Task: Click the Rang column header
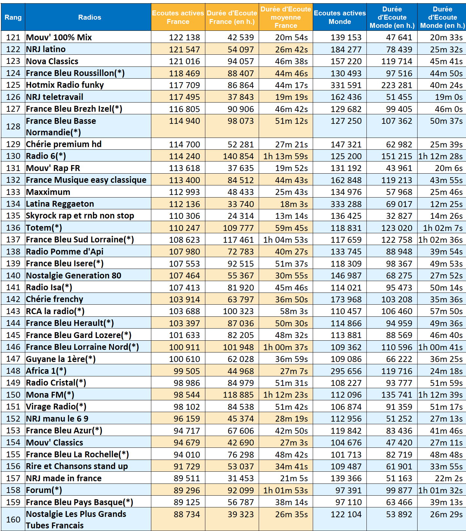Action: (13, 17)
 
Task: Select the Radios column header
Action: (89, 17)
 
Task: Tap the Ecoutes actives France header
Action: (178, 17)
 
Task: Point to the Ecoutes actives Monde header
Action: (340, 17)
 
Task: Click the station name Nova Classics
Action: (52, 61)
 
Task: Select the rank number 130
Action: (13, 156)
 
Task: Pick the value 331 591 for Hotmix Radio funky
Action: (346, 85)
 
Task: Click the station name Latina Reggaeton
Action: (60, 204)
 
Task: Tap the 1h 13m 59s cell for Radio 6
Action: (286, 156)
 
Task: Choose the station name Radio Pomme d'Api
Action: (65, 252)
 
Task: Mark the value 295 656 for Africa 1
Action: (346, 371)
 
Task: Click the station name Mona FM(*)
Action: (50, 395)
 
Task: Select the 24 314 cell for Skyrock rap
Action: (241, 216)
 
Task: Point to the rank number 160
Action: (13, 520)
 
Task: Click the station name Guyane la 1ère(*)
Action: (61, 359)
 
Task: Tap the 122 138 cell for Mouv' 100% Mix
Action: (184, 37)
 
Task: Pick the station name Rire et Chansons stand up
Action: (77, 466)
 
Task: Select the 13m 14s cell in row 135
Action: (291, 216)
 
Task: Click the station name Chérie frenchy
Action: (54, 299)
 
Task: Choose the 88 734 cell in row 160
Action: (187, 514)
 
